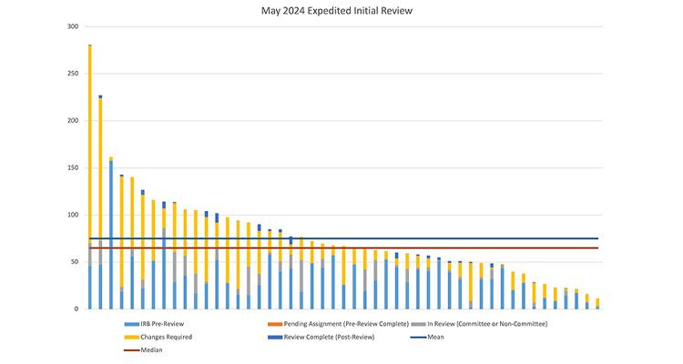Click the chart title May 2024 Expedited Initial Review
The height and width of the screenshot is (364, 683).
(341, 12)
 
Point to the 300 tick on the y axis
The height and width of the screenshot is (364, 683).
(73, 26)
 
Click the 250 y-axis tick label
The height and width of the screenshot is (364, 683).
(73, 74)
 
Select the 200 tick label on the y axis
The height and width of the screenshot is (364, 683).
(73, 121)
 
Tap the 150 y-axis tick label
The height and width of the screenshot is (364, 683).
(73, 168)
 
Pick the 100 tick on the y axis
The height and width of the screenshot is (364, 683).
(73, 216)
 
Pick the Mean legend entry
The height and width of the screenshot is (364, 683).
(437, 337)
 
